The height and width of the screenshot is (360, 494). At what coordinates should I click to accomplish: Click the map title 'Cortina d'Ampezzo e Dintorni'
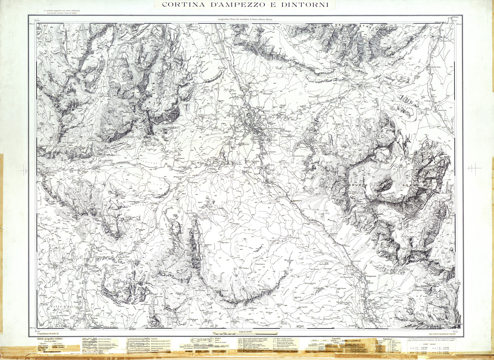tap(244, 4)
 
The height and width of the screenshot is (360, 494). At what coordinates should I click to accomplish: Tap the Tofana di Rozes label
tap(117, 129)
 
